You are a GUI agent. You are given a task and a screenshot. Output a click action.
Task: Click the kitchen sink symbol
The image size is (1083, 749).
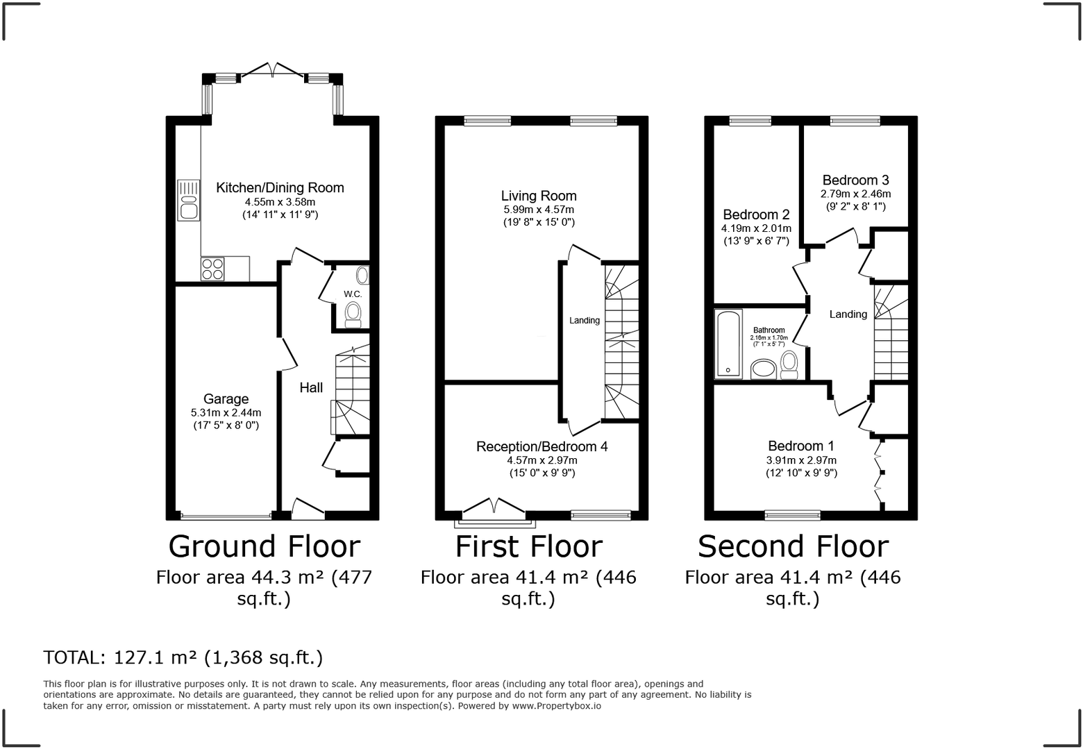pos(189,200)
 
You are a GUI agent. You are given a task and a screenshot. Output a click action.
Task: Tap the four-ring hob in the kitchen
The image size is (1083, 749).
pos(212,269)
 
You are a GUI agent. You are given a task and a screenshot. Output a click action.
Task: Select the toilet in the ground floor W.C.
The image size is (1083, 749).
pos(353,314)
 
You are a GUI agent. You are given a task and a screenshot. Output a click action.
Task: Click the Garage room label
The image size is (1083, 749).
pos(226,399)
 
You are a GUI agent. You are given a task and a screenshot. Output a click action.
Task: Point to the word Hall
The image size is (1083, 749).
pos(311,387)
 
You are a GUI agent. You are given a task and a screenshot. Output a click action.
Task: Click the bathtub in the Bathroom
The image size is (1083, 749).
pos(728,344)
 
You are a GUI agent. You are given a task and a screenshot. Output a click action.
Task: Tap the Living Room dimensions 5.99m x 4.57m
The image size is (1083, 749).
pos(539,210)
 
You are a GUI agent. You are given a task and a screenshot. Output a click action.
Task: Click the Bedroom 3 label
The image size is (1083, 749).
pos(855,180)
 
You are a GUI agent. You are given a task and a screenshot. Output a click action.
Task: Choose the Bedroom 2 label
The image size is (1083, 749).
pos(756,214)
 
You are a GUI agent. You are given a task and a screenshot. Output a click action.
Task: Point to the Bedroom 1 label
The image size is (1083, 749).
pos(801,446)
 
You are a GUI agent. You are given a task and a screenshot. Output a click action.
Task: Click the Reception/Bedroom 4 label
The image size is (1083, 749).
pos(542,446)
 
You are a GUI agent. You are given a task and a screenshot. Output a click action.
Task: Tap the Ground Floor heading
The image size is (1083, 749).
pos(264,546)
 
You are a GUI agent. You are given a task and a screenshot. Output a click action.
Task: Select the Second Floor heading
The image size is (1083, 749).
pos(793,546)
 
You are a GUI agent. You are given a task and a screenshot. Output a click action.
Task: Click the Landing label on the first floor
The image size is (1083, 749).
pos(584,320)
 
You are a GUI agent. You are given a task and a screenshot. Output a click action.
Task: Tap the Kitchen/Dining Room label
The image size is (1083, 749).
pos(280,187)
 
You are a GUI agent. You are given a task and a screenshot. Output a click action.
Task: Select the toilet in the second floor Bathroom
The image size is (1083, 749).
pos(789,365)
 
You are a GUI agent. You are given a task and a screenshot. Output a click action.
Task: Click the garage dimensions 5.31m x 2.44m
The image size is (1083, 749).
pos(226,413)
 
